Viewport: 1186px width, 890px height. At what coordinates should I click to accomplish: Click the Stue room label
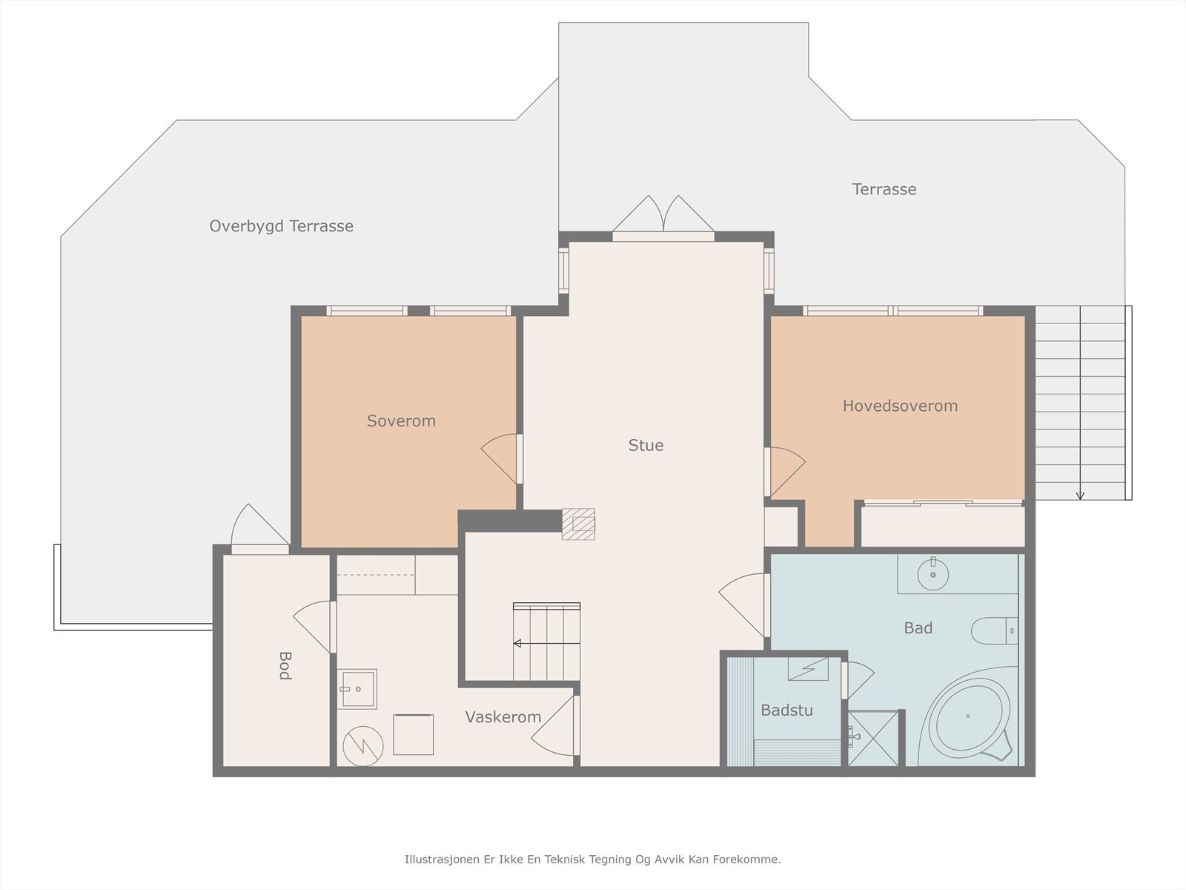pyautogui.click(x=646, y=445)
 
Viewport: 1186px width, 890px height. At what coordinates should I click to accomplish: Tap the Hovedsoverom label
pyautogui.click(x=900, y=406)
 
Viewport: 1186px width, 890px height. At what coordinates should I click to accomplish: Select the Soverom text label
pyautogui.click(x=401, y=421)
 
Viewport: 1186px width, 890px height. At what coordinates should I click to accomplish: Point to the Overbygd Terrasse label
pyautogui.click(x=281, y=226)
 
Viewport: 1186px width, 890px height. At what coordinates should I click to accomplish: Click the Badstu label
pyautogui.click(x=786, y=710)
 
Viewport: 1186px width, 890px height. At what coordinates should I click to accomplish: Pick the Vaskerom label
pyautogui.click(x=503, y=717)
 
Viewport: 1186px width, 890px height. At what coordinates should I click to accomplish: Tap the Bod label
pyautogui.click(x=285, y=665)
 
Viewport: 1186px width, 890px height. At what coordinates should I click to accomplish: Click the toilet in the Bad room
pyautogui.click(x=995, y=630)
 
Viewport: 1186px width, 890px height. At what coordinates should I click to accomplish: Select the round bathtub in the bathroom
pyautogui.click(x=973, y=718)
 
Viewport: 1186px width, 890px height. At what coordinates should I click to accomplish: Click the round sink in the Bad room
pyautogui.click(x=933, y=574)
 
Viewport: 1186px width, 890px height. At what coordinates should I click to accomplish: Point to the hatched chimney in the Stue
pyautogui.click(x=578, y=524)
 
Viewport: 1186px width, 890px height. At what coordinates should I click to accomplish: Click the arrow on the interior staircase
pyautogui.click(x=546, y=643)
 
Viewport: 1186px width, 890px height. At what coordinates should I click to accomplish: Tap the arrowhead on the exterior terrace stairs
pyautogui.click(x=1080, y=495)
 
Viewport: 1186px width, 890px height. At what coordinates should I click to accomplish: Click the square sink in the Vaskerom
pyautogui.click(x=358, y=688)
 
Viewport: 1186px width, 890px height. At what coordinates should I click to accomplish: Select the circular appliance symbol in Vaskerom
pyautogui.click(x=363, y=746)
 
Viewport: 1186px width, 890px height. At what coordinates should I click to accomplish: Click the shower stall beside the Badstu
pyautogui.click(x=873, y=738)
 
